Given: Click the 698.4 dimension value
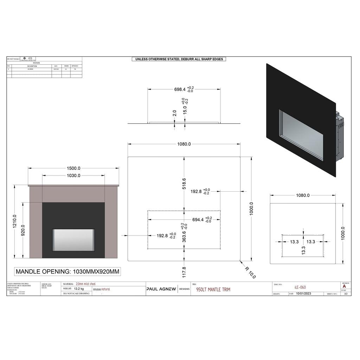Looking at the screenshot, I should pos(180,90).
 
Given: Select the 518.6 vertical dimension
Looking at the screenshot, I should pos(184,184).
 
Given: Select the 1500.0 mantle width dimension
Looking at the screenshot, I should pos(73,168).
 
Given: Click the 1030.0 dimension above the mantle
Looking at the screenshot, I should pos(73,175).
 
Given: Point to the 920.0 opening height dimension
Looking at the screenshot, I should pos(23,231).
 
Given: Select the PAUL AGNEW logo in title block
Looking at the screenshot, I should pos(161,289).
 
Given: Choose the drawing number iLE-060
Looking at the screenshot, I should pos(300,287).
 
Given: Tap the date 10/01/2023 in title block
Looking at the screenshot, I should pos(304,294).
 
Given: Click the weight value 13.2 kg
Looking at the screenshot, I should pos(79,289).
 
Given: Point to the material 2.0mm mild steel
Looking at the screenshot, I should pos(85,284).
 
